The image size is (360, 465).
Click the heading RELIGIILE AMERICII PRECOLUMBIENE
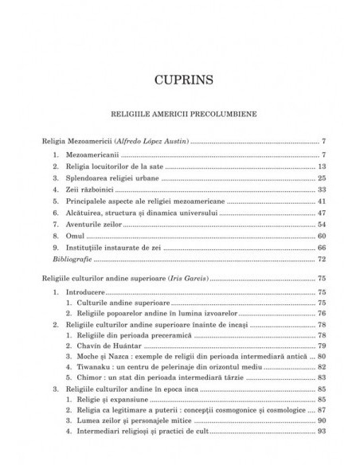[x=180, y=113]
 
